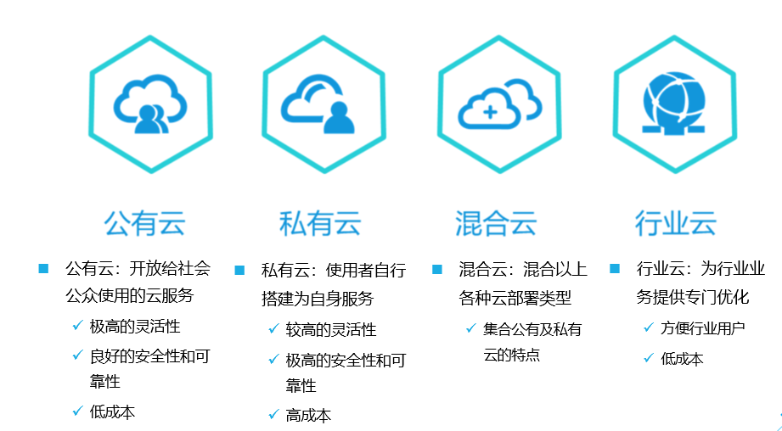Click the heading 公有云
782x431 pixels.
[144, 223]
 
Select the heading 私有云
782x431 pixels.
[320, 223]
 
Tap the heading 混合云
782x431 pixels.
[496, 223]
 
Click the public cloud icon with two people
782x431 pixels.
[151, 106]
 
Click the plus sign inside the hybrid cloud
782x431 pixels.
[490, 111]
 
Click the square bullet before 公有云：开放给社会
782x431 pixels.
[43, 269]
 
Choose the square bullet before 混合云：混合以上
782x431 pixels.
[437, 269]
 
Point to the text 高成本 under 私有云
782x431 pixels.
[308, 415]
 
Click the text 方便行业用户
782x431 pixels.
[703, 327]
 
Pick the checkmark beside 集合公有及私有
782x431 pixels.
[470, 328]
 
